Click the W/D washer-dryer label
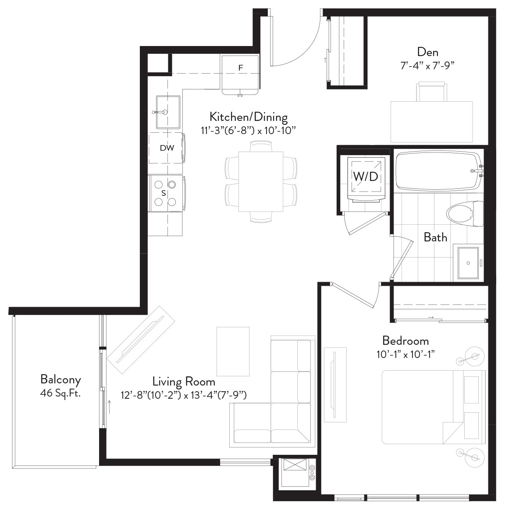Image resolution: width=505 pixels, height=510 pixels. (366, 176)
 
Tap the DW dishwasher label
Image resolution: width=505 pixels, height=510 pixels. (167, 148)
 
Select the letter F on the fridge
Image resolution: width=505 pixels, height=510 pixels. (241, 67)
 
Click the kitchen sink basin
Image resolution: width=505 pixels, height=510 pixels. (168, 112)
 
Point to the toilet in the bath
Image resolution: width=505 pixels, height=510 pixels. (465, 214)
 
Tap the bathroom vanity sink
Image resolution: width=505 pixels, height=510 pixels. (468, 263)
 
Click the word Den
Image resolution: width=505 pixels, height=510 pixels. (427, 52)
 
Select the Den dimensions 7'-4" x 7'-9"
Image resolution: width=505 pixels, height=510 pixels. (427, 66)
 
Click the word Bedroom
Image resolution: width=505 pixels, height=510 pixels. (405, 340)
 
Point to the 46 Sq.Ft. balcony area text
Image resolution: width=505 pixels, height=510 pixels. (60, 393)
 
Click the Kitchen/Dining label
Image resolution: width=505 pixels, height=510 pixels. (249, 117)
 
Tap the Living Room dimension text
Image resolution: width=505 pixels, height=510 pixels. (184, 395)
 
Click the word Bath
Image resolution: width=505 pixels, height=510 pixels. (435, 237)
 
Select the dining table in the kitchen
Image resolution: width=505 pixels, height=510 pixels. (261, 181)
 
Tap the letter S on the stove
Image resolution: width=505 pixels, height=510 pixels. (164, 193)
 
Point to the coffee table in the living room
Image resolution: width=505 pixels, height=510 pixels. (233, 351)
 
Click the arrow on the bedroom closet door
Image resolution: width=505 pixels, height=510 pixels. (431, 317)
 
